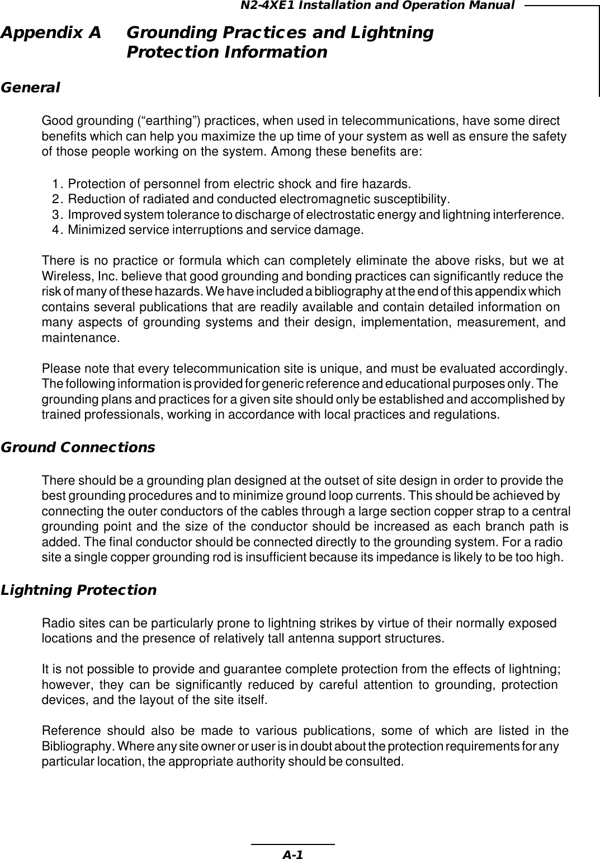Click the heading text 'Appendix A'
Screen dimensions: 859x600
click(x=51, y=33)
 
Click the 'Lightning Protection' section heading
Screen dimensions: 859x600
click(x=79, y=590)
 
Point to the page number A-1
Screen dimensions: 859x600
click(x=292, y=854)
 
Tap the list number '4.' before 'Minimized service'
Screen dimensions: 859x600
click(x=58, y=229)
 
